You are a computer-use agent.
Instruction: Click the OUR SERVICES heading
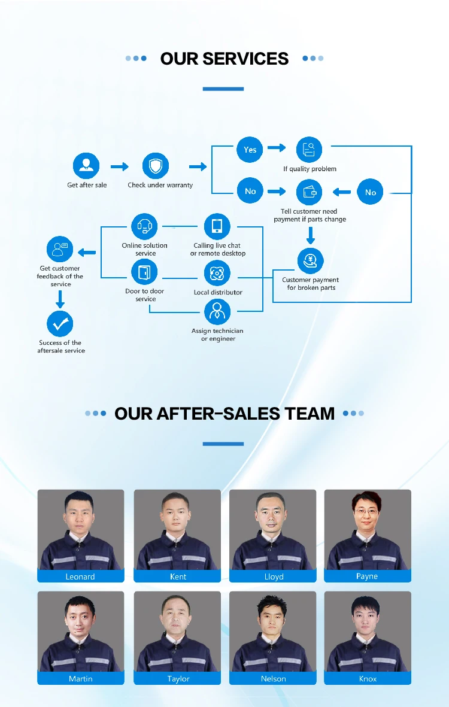pyautogui.click(x=224, y=59)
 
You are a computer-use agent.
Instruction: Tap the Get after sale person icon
pyautogui.click(x=86, y=166)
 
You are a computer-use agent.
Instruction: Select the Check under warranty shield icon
pyautogui.click(x=156, y=166)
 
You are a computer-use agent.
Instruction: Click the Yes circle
pyautogui.click(x=250, y=150)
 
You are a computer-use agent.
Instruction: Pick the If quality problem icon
pyautogui.click(x=310, y=150)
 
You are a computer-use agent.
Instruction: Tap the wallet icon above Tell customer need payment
pyautogui.click(x=310, y=192)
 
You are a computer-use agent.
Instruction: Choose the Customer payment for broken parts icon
pyautogui.click(x=310, y=261)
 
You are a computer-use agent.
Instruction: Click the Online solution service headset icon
pyautogui.click(x=144, y=226)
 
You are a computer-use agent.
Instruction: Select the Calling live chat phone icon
pyautogui.click(x=217, y=226)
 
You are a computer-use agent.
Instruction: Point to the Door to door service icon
pyautogui.click(x=144, y=273)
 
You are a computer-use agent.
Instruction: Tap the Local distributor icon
pyautogui.click(x=217, y=274)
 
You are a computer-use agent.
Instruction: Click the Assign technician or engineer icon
pyautogui.click(x=217, y=312)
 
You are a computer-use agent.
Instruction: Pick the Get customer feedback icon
pyautogui.click(x=60, y=249)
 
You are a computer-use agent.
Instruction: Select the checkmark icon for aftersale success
pyautogui.click(x=60, y=324)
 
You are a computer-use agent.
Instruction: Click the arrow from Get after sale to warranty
pyautogui.click(x=120, y=167)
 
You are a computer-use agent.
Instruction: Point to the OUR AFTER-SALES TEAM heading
pyautogui.click(x=224, y=413)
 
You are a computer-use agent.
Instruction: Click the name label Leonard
pyautogui.click(x=80, y=576)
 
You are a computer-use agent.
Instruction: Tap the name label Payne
pyautogui.click(x=367, y=576)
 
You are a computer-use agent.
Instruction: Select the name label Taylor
pyautogui.click(x=178, y=679)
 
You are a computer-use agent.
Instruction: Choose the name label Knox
pyautogui.click(x=368, y=679)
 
